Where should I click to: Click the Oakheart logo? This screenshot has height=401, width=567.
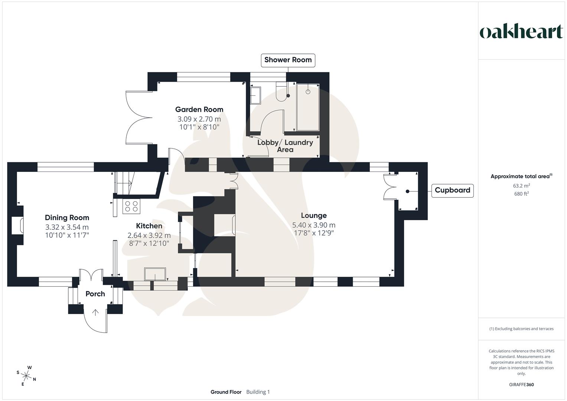tap(521, 32)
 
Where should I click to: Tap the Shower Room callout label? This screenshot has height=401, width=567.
tap(288, 60)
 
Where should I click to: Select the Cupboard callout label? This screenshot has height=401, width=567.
tap(452, 190)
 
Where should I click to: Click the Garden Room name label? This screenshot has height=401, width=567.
tap(199, 110)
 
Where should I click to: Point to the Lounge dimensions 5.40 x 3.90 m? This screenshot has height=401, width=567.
tap(313, 225)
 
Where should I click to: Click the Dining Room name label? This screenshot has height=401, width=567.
tap(67, 218)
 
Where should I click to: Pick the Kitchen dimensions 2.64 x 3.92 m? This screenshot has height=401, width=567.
tap(149, 235)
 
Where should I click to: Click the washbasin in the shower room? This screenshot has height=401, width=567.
tap(255, 95)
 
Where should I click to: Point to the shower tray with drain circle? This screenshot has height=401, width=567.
tap(308, 107)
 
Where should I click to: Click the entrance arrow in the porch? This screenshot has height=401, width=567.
tap(95, 312)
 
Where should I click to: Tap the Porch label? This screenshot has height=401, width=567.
tap(95, 294)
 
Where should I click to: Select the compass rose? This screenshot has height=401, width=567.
tap(26, 375)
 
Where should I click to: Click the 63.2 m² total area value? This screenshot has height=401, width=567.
tap(521, 186)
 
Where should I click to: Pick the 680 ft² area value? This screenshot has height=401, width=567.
tap(521, 194)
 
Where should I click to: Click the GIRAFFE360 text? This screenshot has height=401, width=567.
tap(521, 385)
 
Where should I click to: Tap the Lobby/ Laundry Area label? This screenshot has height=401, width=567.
tap(285, 146)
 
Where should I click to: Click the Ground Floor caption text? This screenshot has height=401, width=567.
tap(226, 392)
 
